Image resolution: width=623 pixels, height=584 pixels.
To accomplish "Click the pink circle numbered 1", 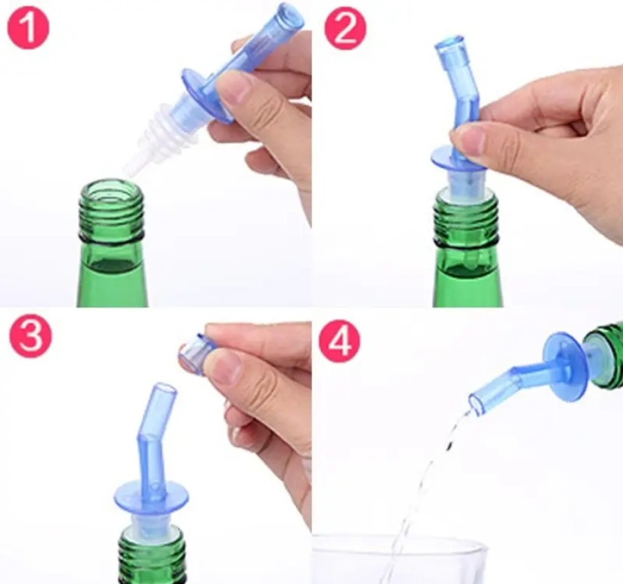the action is (28, 28).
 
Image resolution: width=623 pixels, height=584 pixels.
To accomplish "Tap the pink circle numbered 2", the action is (344, 28).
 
